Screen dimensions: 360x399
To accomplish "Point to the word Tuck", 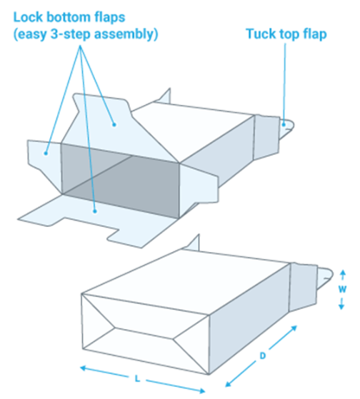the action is click(x=261, y=34).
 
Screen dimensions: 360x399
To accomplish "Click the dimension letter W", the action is click(x=342, y=289).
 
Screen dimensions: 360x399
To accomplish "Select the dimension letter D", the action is click(x=262, y=355).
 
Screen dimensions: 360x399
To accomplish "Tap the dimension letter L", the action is click(x=137, y=379).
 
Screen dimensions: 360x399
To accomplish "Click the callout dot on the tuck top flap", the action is click(x=284, y=125).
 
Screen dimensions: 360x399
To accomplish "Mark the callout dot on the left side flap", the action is click(x=46, y=153).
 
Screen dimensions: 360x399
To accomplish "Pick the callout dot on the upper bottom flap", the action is click(x=114, y=125).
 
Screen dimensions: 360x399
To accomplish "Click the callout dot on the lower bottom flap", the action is click(x=95, y=211).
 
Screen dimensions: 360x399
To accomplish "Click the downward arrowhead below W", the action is click(x=341, y=306).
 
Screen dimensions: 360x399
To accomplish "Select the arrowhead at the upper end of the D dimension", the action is click(x=294, y=328).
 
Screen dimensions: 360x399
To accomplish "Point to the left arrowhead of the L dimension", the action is click(x=84, y=368).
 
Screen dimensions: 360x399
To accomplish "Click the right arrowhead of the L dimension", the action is click(x=201, y=390).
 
